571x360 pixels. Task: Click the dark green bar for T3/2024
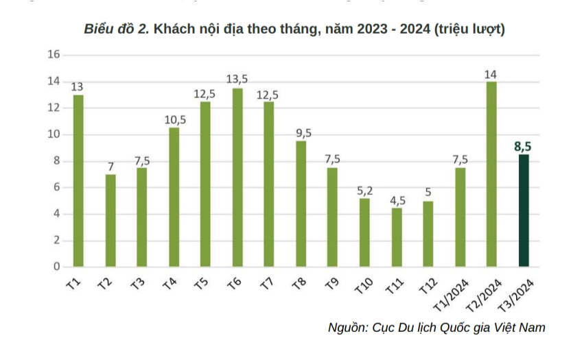524,211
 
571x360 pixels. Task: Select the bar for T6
237,177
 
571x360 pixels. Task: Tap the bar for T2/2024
491,174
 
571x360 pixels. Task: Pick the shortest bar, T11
397,237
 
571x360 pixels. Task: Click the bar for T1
78,180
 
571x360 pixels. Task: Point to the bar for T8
301,204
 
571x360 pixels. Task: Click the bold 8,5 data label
523,146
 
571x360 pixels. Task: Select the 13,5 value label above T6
237,80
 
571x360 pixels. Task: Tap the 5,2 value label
365,190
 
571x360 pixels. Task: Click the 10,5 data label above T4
175,119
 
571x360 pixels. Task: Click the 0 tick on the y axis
57,267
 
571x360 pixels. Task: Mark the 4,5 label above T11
397,200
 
